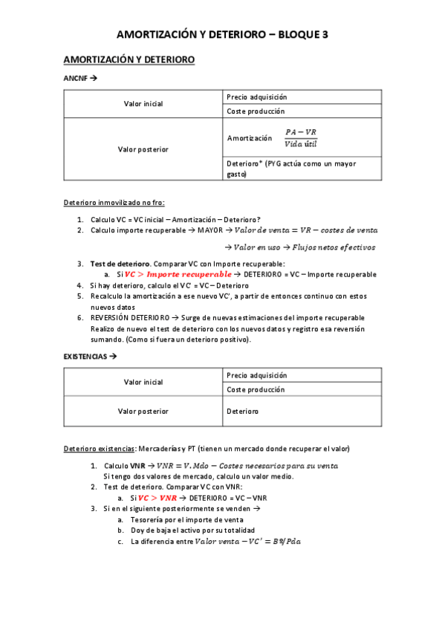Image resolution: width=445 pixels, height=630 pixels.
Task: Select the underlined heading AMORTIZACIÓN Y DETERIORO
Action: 129,59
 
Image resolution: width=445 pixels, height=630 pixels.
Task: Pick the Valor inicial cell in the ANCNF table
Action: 143,104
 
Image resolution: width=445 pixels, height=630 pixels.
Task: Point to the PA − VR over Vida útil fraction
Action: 301,137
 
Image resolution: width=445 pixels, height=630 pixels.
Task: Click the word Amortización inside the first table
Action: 250,138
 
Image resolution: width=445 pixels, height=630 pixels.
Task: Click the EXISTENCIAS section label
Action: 85,357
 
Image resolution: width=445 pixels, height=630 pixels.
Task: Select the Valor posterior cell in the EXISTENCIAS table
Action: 143,411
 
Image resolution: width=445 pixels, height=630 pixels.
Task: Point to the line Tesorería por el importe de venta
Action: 181,520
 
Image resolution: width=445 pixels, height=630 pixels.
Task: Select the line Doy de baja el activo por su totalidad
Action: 192,530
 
